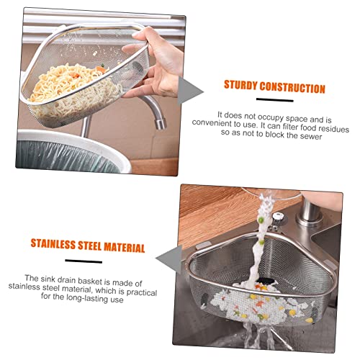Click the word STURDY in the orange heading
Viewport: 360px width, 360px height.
point(240,85)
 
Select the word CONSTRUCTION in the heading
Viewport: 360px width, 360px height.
point(292,87)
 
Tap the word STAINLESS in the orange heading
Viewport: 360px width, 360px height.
point(53,244)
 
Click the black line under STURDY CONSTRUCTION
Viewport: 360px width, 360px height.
point(275,100)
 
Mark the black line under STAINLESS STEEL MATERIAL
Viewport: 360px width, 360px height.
point(84,261)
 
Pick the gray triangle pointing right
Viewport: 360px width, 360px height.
point(190,91)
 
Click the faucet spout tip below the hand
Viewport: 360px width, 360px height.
point(161,124)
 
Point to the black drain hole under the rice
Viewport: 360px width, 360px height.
point(267,280)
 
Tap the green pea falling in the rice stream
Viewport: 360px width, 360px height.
point(260,220)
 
